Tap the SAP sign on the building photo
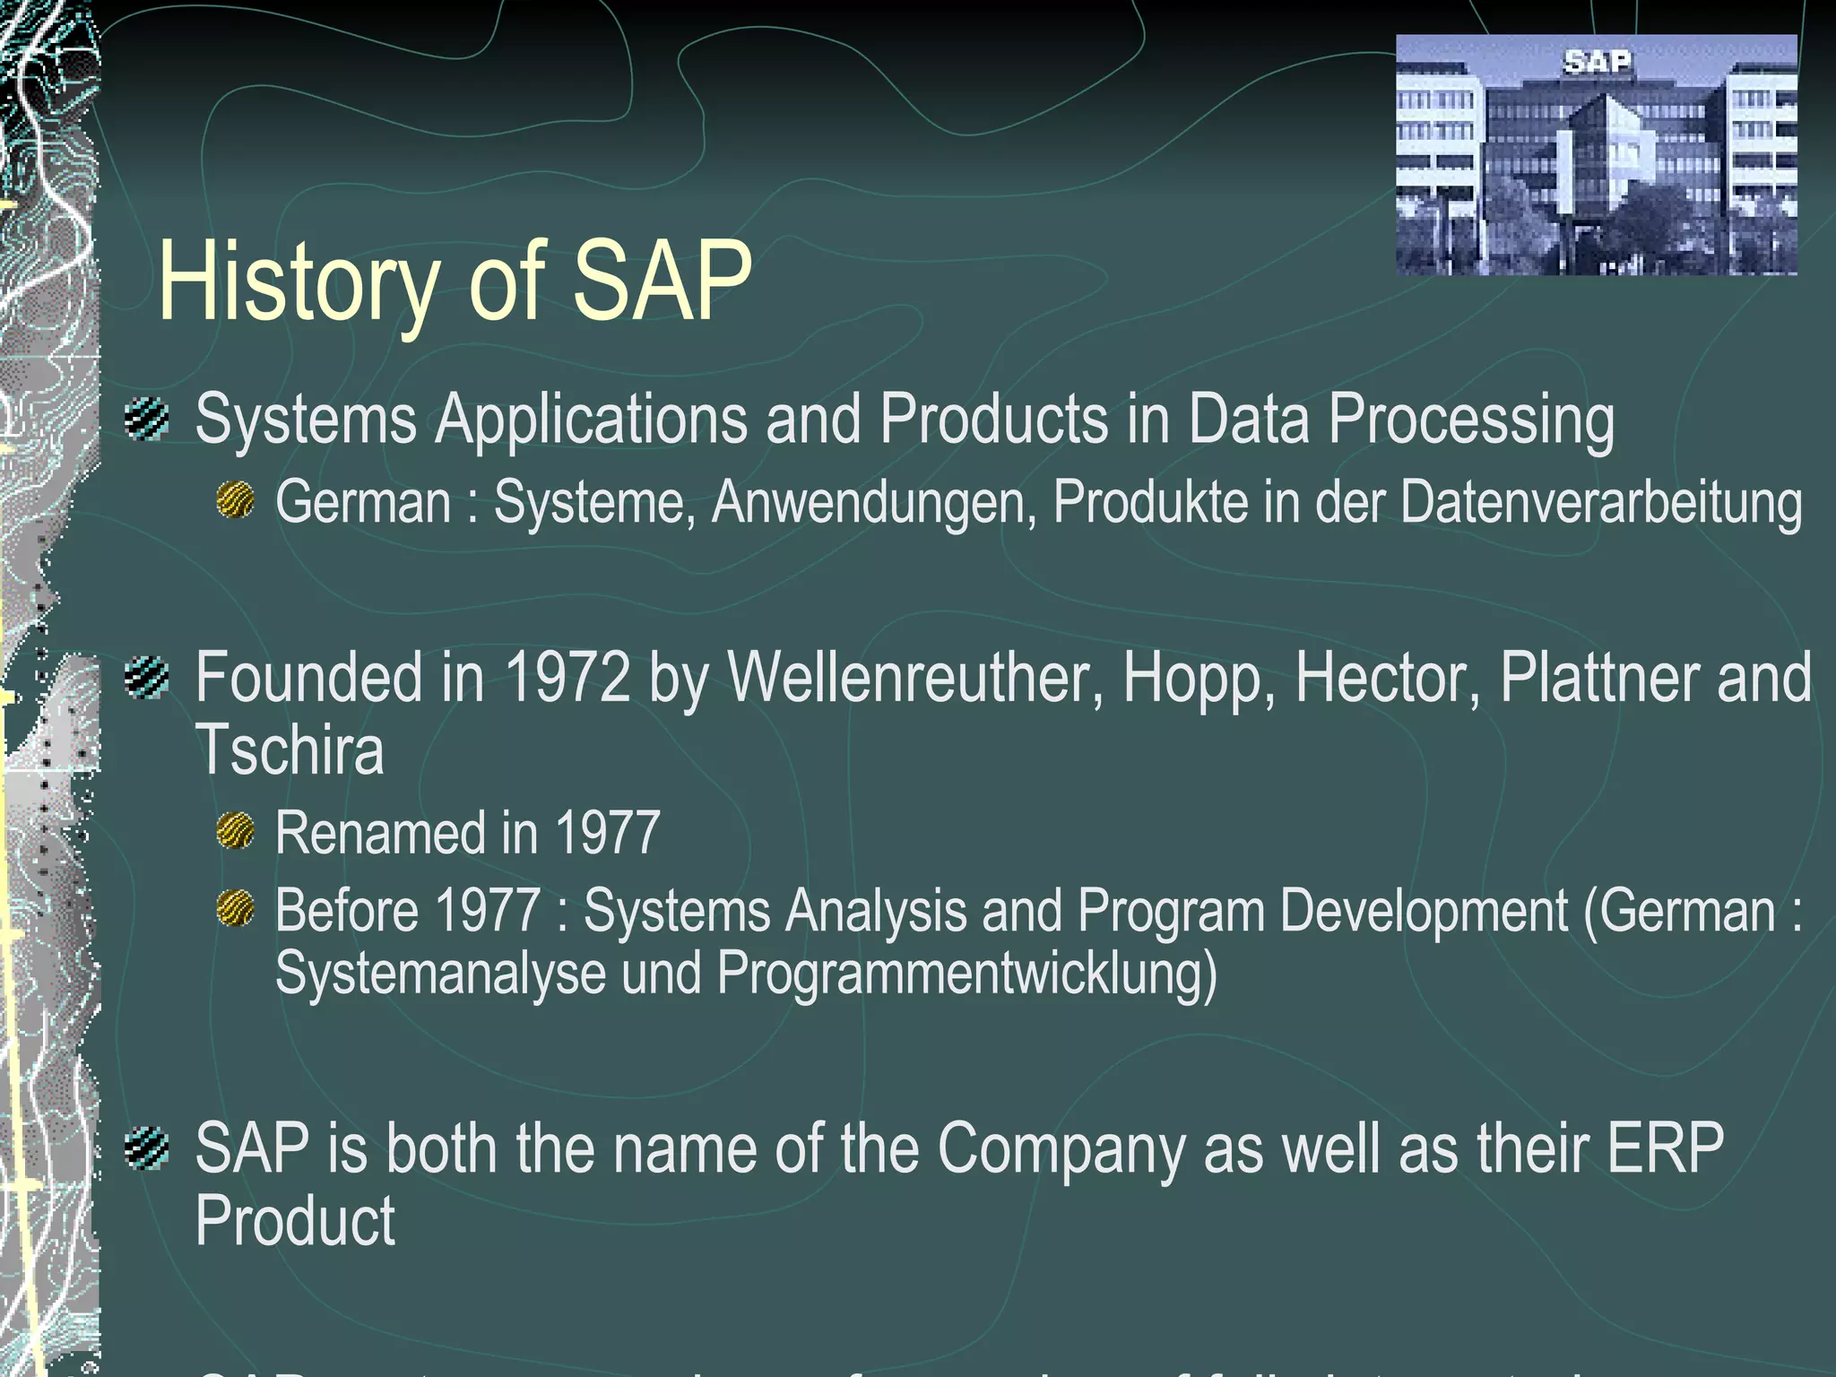(1597, 62)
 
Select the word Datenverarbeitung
(1600, 502)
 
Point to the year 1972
(568, 679)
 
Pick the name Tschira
(290, 750)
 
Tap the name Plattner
(1598, 679)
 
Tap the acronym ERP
(1665, 1148)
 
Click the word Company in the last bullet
(1061, 1148)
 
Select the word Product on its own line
(295, 1221)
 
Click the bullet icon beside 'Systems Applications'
(147, 419)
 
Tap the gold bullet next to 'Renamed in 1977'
(236, 831)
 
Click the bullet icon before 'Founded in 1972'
(147, 678)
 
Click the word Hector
(1387, 679)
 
